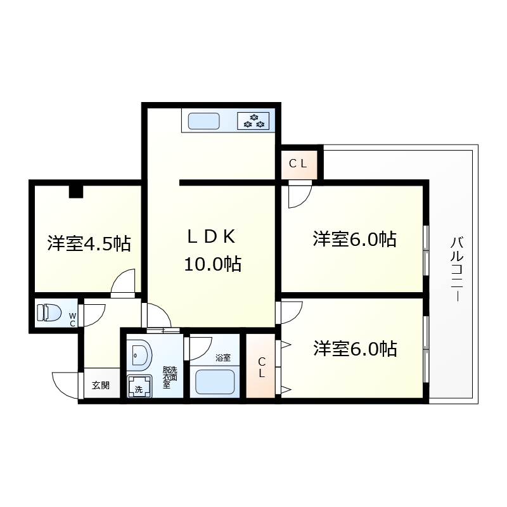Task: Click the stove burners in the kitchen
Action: tap(253, 120)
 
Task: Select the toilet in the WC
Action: tap(49, 313)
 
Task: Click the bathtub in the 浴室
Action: tap(215, 383)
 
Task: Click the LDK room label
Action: tap(211, 237)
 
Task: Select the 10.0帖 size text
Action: tap(211, 264)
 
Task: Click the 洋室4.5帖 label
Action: tap(89, 243)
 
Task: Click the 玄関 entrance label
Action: tap(100, 385)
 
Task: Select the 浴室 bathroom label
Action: tap(222, 358)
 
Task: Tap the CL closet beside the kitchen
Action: tap(298, 164)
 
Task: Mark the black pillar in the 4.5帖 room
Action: tap(76, 191)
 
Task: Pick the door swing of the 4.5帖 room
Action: tap(124, 283)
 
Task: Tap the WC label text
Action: tap(72, 319)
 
